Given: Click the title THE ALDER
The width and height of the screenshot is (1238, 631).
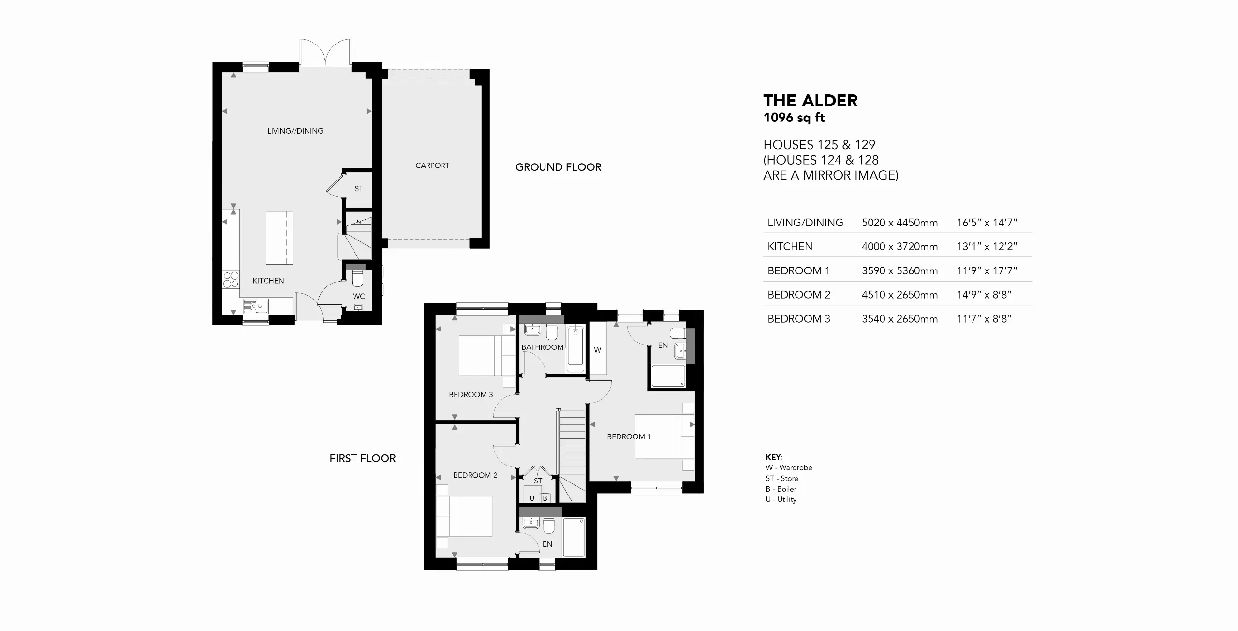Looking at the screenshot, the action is [x=811, y=101].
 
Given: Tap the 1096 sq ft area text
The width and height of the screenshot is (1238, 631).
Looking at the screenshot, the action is [x=794, y=118].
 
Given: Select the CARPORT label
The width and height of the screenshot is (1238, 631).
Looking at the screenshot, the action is [x=432, y=165].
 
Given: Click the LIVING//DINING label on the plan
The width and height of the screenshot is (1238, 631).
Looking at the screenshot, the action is [x=295, y=131].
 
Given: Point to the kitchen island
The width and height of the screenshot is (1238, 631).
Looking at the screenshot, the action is [x=280, y=238].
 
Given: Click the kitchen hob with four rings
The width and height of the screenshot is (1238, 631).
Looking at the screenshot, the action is [x=232, y=280].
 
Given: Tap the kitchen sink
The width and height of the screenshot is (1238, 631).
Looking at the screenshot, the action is [x=256, y=306].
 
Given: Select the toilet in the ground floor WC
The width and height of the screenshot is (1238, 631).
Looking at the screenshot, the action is [x=357, y=279].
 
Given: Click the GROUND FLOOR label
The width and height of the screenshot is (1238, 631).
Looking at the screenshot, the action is [x=558, y=167].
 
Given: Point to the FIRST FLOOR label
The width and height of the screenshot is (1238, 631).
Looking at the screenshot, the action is [x=363, y=458].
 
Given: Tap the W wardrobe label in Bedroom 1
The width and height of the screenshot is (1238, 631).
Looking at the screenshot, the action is [x=598, y=350].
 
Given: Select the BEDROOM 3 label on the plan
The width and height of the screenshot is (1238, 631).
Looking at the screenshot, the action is [x=471, y=394].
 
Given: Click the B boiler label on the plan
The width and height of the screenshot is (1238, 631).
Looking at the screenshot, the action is [x=545, y=498].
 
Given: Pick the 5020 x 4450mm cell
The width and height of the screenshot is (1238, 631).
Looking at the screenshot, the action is [x=899, y=223].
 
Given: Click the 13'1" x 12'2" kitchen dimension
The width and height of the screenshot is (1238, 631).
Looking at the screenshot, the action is [x=987, y=246].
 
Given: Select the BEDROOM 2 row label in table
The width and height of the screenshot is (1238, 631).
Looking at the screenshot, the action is [x=799, y=295].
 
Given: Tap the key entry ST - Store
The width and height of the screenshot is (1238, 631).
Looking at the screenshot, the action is [x=782, y=478].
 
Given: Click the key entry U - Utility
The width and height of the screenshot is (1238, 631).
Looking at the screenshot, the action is [x=781, y=499].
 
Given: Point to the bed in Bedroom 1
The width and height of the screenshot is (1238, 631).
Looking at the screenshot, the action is [x=664, y=436].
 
